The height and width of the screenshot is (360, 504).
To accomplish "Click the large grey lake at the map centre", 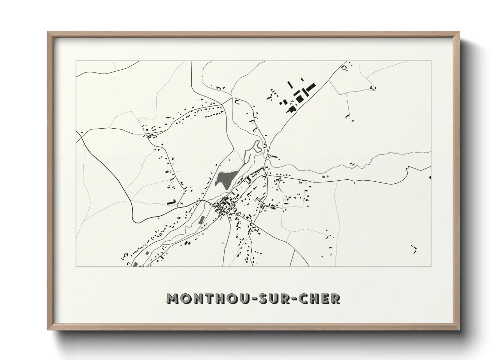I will pyautogui.click(x=225, y=178).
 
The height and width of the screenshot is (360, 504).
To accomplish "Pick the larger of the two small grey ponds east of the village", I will pyautogui.click(x=324, y=177).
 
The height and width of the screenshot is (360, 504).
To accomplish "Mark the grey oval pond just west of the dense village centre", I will pyautogui.click(x=201, y=220).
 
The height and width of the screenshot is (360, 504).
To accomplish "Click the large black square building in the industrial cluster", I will pyautogui.click(x=300, y=98).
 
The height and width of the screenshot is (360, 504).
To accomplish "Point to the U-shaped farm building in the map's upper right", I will pyautogui.click(x=373, y=87).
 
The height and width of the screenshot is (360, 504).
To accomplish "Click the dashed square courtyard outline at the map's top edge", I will pyautogui.click(x=344, y=68).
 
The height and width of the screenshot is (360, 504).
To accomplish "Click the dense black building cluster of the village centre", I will pyautogui.click(x=223, y=206).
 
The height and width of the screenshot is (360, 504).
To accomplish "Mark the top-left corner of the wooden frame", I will pyautogui.click(x=48, y=32).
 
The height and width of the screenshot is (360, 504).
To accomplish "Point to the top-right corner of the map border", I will pyautogui.click(x=431, y=61).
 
